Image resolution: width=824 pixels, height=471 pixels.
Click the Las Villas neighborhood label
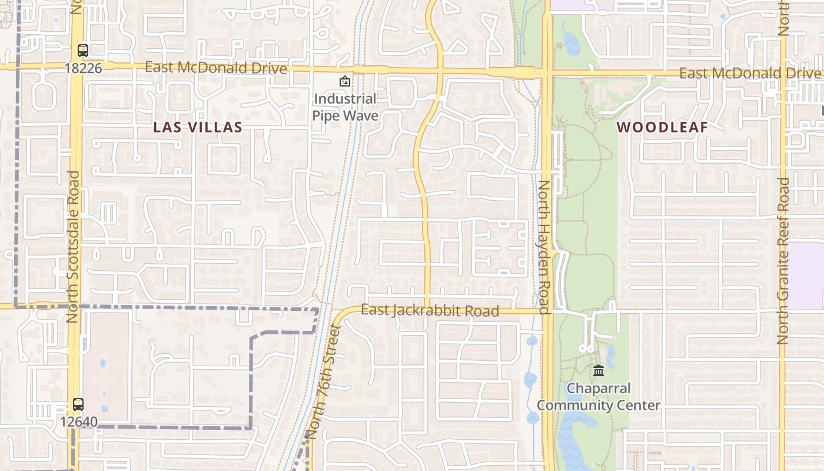pyautogui.click(x=198, y=127)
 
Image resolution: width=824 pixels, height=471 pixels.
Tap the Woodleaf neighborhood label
pyautogui.click(x=662, y=127)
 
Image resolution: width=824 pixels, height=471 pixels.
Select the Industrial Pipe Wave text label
pyautogui.click(x=345, y=107)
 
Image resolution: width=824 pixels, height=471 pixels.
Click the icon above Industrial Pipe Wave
pyautogui.click(x=344, y=81)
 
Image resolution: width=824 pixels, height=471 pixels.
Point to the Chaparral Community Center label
pyautogui.click(x=599, y=397)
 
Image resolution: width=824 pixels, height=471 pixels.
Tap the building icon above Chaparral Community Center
pyautogui.click(x=599, y=370)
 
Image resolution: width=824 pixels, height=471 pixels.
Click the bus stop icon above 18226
pyautogui.click(x=83, y=51)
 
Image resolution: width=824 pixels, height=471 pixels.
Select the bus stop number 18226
pyautogui.click(x=83, y=68)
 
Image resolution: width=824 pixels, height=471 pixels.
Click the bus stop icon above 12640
pyautogui.click(x=78, y=404)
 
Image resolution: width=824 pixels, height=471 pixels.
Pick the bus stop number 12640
pyautogui.click(x=78, y=422)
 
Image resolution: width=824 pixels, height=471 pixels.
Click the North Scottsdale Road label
pyautogui.click(x=72, y=246)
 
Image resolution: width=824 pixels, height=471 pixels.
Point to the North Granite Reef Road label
pyautogui.click(x=783, y=260)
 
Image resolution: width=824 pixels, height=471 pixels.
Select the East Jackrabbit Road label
pyautogui.click(x=430, y=310)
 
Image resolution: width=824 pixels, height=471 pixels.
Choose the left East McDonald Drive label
pyautogui.click(x=216, y=68)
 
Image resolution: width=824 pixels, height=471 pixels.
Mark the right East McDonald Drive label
pyautogui.click(x=749, y=74)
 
